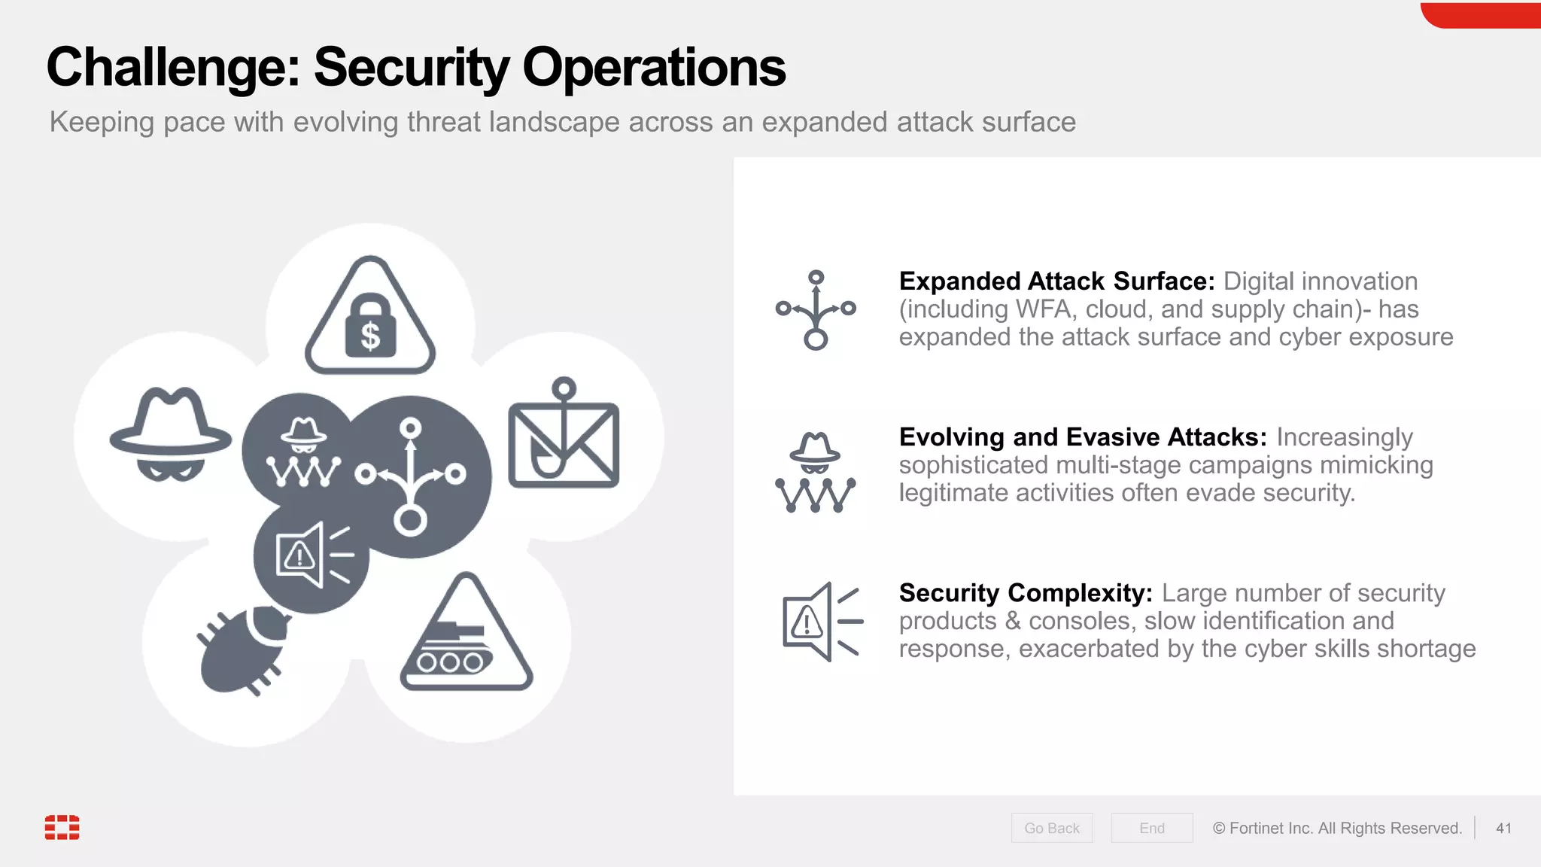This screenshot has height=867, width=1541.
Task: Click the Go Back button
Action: [1051, 828]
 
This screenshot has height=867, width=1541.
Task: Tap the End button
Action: [1151, 828]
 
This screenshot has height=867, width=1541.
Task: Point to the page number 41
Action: [1503, 828]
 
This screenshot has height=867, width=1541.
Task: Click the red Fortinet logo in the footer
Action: [62, 826]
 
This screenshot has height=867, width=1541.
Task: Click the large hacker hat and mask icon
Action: [171, 435]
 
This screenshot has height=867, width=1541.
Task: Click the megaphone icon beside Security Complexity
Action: [820, 622]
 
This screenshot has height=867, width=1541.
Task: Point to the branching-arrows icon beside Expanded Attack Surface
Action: [816, 310]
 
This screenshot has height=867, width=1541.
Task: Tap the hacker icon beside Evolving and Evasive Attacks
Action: [816, 473]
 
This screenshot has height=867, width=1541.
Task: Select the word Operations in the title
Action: [653, 68]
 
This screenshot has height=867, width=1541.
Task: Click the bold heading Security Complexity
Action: [1026, 593]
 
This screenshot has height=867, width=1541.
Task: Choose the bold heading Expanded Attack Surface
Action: [1056, 281]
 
